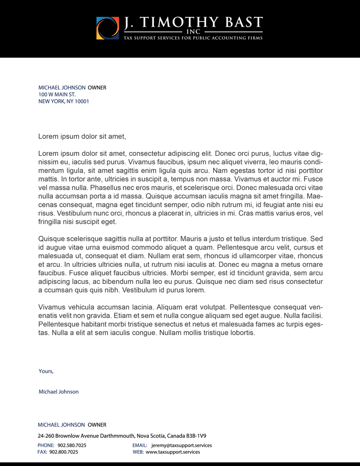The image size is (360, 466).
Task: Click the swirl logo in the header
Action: tap(108, 28)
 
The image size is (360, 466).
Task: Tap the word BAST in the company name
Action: tap(243, 22)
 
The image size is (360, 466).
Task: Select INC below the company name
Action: tap(193, 32)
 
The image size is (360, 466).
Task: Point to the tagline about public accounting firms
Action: tap(193, 38)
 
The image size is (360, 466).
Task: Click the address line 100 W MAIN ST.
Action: tap(57, 95)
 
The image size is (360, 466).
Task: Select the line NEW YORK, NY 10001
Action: tap(64, 101)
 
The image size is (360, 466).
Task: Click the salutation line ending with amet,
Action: tap(82, 137)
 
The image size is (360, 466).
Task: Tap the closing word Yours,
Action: tap(46, 371)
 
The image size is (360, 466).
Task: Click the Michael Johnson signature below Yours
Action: tap(59, 392)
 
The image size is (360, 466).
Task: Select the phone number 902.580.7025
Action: tap(72, 445)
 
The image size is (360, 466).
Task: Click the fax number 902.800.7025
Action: tap(64, 452)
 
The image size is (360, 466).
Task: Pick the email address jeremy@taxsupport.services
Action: tap(182, 445)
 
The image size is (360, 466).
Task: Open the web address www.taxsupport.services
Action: tap(173, 452)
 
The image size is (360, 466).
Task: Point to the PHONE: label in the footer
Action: tap(46, 445)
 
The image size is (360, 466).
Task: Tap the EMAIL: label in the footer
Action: tap(140, 445)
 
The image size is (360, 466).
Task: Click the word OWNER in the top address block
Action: tap(97, 88)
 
